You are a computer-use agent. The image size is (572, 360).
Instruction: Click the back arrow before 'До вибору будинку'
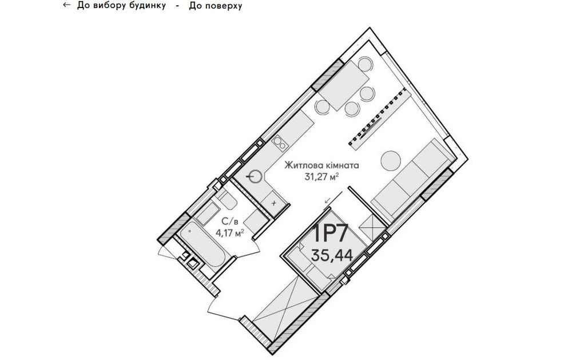(x=66, y=5)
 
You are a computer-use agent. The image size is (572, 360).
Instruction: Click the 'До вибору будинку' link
(x=121, y=6)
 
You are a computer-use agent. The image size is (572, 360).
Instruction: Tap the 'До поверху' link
(x=215, y=6)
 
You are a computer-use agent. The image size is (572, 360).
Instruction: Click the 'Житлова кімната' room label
(x=321, y=165)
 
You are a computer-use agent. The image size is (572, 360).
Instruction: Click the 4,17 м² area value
(x=229, y=232)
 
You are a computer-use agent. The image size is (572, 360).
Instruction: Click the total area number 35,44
(x=332, y=255)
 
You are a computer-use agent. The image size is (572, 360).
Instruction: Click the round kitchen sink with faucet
(x=255, y=176)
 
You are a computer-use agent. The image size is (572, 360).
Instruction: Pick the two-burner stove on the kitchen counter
(x=280, y=143)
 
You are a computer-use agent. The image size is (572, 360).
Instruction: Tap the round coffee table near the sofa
(x=391, y=160)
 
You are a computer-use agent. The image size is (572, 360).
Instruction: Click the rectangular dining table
(x=344, y=85)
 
